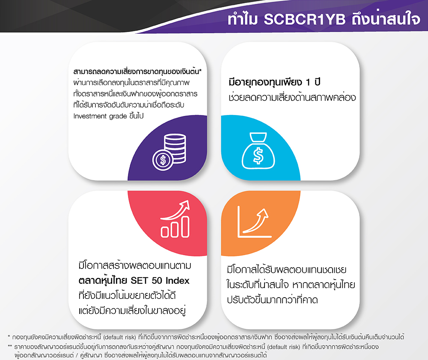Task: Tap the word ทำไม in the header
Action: (x=244, y=20)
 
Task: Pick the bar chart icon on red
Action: (x=175, y=221)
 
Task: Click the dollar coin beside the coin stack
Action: (x=162, y=160)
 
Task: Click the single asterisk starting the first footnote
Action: (x=9, y=336)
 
